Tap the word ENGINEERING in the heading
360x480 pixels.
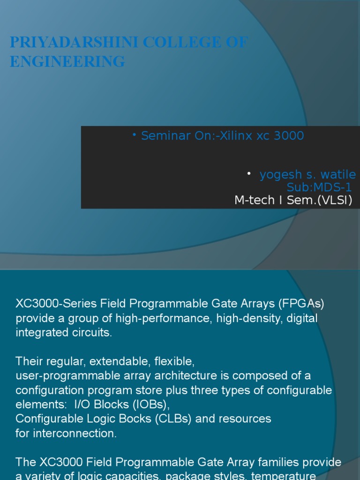[67, 61]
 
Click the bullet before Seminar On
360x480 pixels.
[134, 135]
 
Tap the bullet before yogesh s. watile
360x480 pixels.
[249, 174]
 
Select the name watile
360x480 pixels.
[337, 175]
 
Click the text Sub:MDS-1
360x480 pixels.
[319, 187]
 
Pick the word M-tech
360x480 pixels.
[254, 201]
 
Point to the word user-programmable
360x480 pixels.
[61, 376]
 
